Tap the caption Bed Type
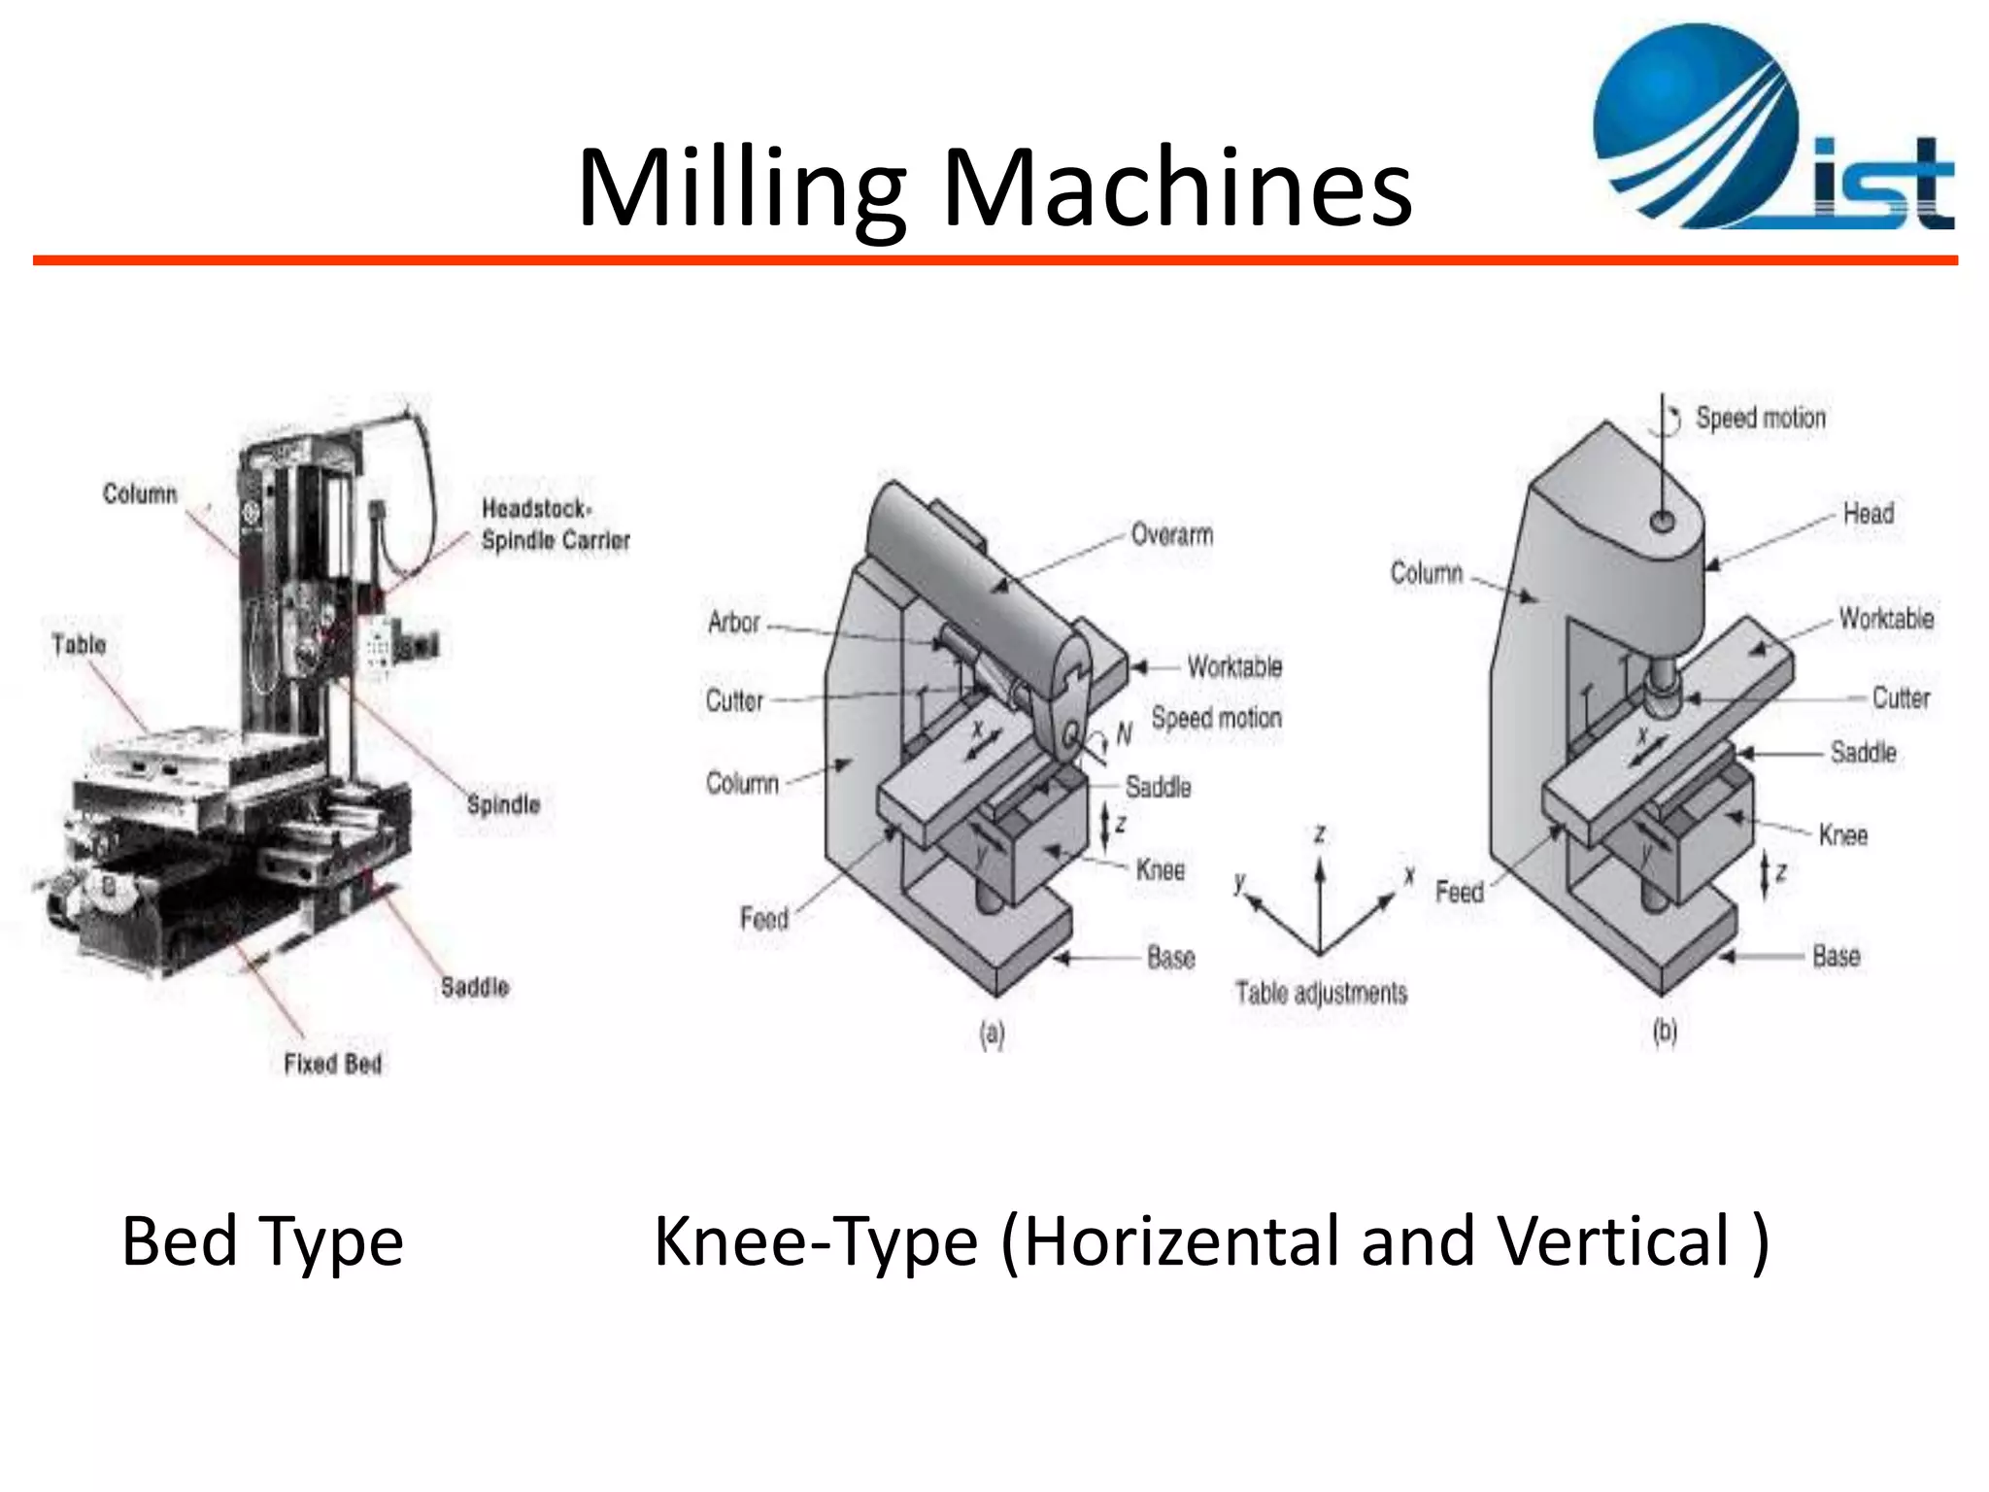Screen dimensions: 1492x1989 click(x=262, y=1241)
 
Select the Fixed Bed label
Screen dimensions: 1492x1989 click(x=332, y=1064)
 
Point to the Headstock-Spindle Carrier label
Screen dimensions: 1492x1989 click(x=556, y=525)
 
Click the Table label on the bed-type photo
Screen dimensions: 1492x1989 click(x=79, y=644)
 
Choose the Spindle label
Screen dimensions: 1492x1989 click(x=503, y=804)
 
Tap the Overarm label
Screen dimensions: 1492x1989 click(x=1172, y=534)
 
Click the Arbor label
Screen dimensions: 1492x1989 click(x=733, y=622)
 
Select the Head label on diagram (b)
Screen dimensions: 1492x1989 click(x=1869, y=513)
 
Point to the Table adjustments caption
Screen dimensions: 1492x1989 click(x=1321, y=993)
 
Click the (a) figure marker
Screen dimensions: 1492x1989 click(x=992, y=1034)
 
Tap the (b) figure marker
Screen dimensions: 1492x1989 click(x=1665, y=1032)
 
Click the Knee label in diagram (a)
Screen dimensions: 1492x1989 click(x=1161, y=869)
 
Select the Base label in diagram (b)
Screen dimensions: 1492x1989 click(x=1837, y=956)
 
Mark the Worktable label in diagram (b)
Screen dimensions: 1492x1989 click(x=1886, y=619)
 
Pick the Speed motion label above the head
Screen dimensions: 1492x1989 click(x=1761, y=418)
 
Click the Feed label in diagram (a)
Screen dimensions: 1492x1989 click(x=764, y=918)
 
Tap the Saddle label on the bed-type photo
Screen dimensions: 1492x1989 click(x=475, y=987)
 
